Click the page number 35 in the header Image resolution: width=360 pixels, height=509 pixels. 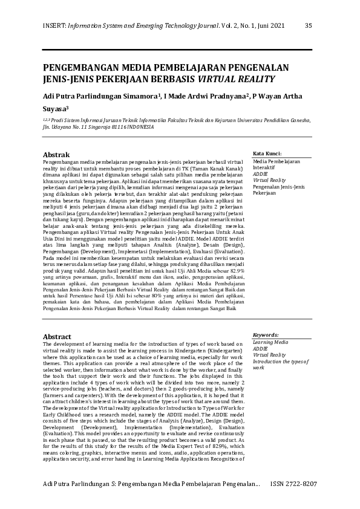point(308,25)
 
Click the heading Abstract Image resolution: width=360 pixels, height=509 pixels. point(57,337)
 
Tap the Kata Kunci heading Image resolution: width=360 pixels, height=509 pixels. point(267,154)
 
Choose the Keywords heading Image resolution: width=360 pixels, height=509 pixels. point(266,334)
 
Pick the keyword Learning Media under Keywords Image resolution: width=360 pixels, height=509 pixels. point(271,342)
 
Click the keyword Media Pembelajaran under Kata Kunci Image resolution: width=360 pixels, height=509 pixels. point(277,161)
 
